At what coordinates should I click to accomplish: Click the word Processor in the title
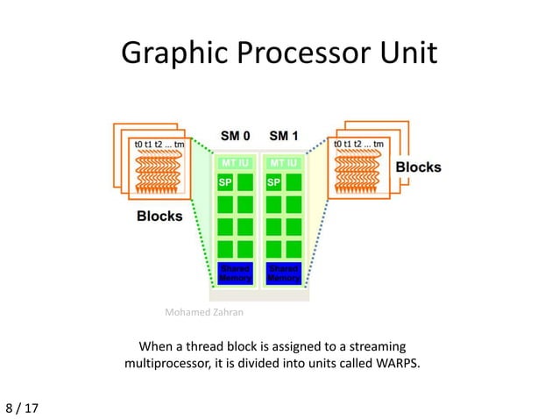point(296,54)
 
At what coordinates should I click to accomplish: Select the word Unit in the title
point(405,54)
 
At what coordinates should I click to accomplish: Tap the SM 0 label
point(235,137)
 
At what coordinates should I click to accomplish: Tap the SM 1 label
point(283,137)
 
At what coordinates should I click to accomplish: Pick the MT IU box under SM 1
point(283,163)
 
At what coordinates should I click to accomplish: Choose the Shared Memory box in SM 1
point(283,273)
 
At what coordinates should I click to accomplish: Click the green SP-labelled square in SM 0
point(224,182)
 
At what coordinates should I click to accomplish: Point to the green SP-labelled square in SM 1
point(273,182)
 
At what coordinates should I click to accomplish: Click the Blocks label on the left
point(159,216)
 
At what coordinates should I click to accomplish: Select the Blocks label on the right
point(419,167)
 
